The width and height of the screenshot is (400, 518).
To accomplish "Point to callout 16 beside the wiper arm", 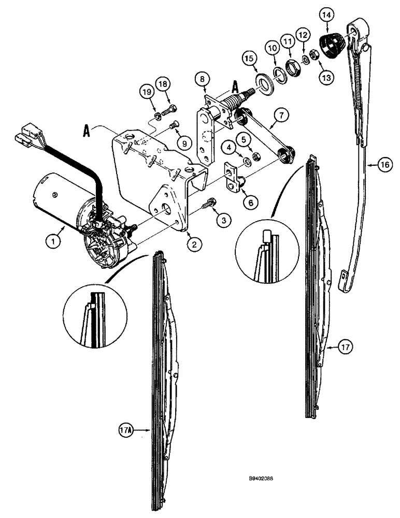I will click(383, 165).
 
